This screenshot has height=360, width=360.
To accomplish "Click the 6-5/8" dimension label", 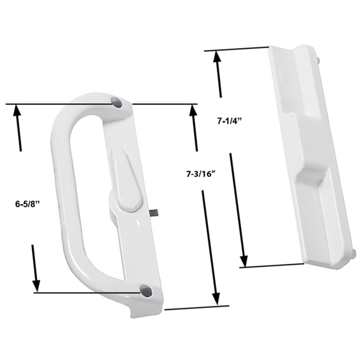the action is (28, 204).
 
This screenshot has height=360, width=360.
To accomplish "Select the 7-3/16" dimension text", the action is (202, 174).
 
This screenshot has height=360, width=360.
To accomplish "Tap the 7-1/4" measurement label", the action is (230, 121).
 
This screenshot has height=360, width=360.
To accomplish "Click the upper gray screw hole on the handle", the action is (116, 102).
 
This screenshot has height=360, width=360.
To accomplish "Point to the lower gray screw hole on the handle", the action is (146, 290).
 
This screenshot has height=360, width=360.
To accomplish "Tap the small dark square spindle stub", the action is (154, 213).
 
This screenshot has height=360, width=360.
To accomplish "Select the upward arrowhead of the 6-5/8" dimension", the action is (17, 110).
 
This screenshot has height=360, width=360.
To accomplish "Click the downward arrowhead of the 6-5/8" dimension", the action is (36, 286).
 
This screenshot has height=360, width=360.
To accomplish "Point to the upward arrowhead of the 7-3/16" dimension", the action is (192, 110).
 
